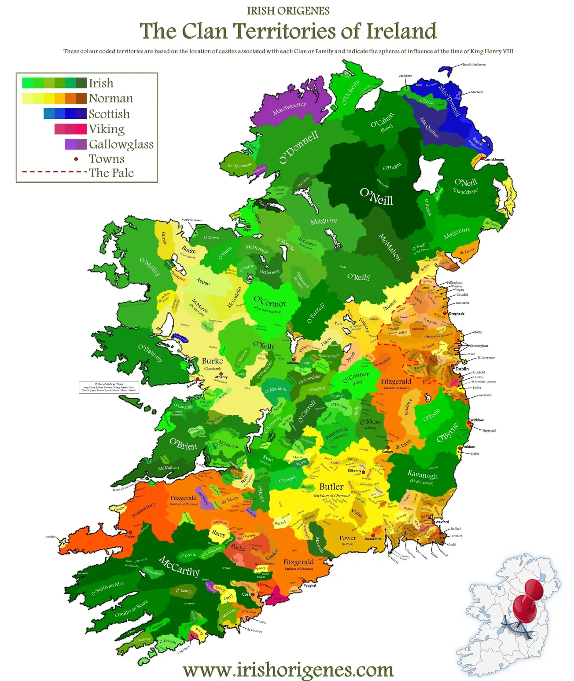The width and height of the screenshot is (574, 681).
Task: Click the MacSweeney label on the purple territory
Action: click(289, 108)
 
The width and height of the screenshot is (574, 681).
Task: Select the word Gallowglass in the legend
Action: click(121, 144)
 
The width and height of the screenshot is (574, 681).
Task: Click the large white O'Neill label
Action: click(376, 197)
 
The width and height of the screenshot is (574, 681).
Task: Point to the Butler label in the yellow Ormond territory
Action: click(331, 487)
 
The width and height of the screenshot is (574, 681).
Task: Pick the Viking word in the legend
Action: click(107, 129)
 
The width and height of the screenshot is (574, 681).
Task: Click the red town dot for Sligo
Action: click(247, 226)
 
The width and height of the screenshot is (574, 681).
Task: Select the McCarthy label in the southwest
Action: click(179, 566)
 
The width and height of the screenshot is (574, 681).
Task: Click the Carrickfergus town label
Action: click(494, 160)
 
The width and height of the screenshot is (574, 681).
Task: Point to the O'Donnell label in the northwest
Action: click(299, 148)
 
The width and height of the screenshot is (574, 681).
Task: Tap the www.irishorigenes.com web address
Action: click(288, 670)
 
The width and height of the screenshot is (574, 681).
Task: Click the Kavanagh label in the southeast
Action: click(423, 475)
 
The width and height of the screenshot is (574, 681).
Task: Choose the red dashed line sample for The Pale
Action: click(54, 172)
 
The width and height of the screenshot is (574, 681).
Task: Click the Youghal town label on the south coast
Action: click(310, 586)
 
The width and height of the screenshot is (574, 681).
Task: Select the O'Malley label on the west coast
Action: click(150, 267)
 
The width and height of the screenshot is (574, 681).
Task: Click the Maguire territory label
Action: click(324, 221)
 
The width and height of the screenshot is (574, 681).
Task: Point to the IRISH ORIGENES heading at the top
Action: click(288, 11)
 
